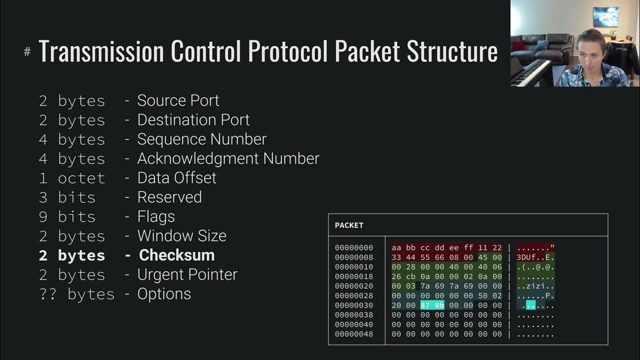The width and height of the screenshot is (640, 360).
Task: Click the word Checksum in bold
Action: point(176,255)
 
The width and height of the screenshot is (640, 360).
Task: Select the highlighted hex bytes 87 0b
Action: point(432,305)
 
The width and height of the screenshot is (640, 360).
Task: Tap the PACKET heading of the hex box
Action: point(349,225)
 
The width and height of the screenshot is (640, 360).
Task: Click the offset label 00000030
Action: point(354,305)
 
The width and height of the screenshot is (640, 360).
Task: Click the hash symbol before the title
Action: point(27,52)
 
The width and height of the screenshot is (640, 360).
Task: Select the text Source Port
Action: point(178,100)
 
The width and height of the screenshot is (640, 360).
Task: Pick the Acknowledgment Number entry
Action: point(228,158)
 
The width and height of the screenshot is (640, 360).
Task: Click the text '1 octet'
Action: point(72,178)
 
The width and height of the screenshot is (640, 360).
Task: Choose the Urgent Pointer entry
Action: point(187,274)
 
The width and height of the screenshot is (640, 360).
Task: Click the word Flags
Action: point(156,216)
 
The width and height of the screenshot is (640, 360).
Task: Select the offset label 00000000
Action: point(354,248)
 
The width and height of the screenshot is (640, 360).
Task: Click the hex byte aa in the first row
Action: point(396,248)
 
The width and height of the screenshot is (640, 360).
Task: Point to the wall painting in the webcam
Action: point(605,16)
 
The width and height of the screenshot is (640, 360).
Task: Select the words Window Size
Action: point(181,235)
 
